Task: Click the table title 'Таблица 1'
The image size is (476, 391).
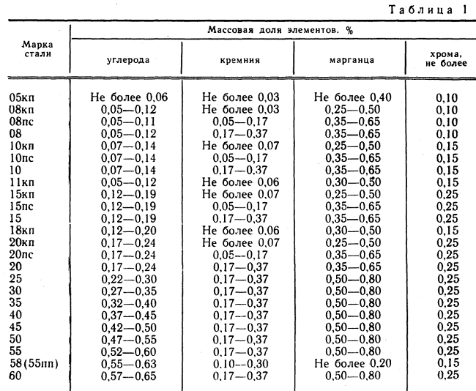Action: (430, 10)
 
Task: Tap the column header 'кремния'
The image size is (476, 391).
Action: (238, 59)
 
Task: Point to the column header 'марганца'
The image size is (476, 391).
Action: (349, 59)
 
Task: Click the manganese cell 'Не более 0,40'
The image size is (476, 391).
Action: (349, 97)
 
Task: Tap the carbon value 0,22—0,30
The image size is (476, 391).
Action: (125, 279)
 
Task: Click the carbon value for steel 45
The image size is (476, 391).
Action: (125, 327)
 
